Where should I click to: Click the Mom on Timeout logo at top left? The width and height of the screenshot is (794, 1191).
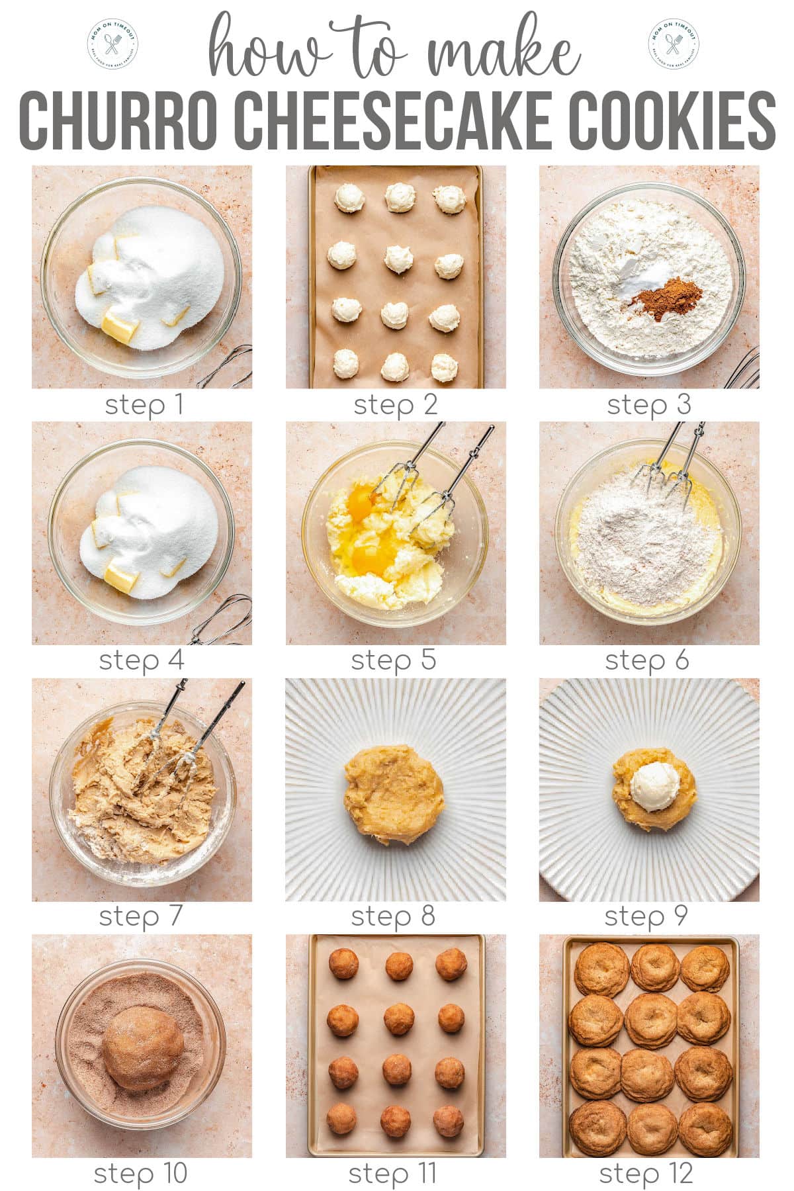click(112, 44)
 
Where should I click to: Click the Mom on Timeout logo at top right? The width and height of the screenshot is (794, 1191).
click(674, 44)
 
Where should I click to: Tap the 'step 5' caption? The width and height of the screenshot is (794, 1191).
click(394, 660)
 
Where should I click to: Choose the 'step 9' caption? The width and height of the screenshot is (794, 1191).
click(646, 916)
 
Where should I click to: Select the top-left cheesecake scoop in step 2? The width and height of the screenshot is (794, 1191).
click(347, 197)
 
